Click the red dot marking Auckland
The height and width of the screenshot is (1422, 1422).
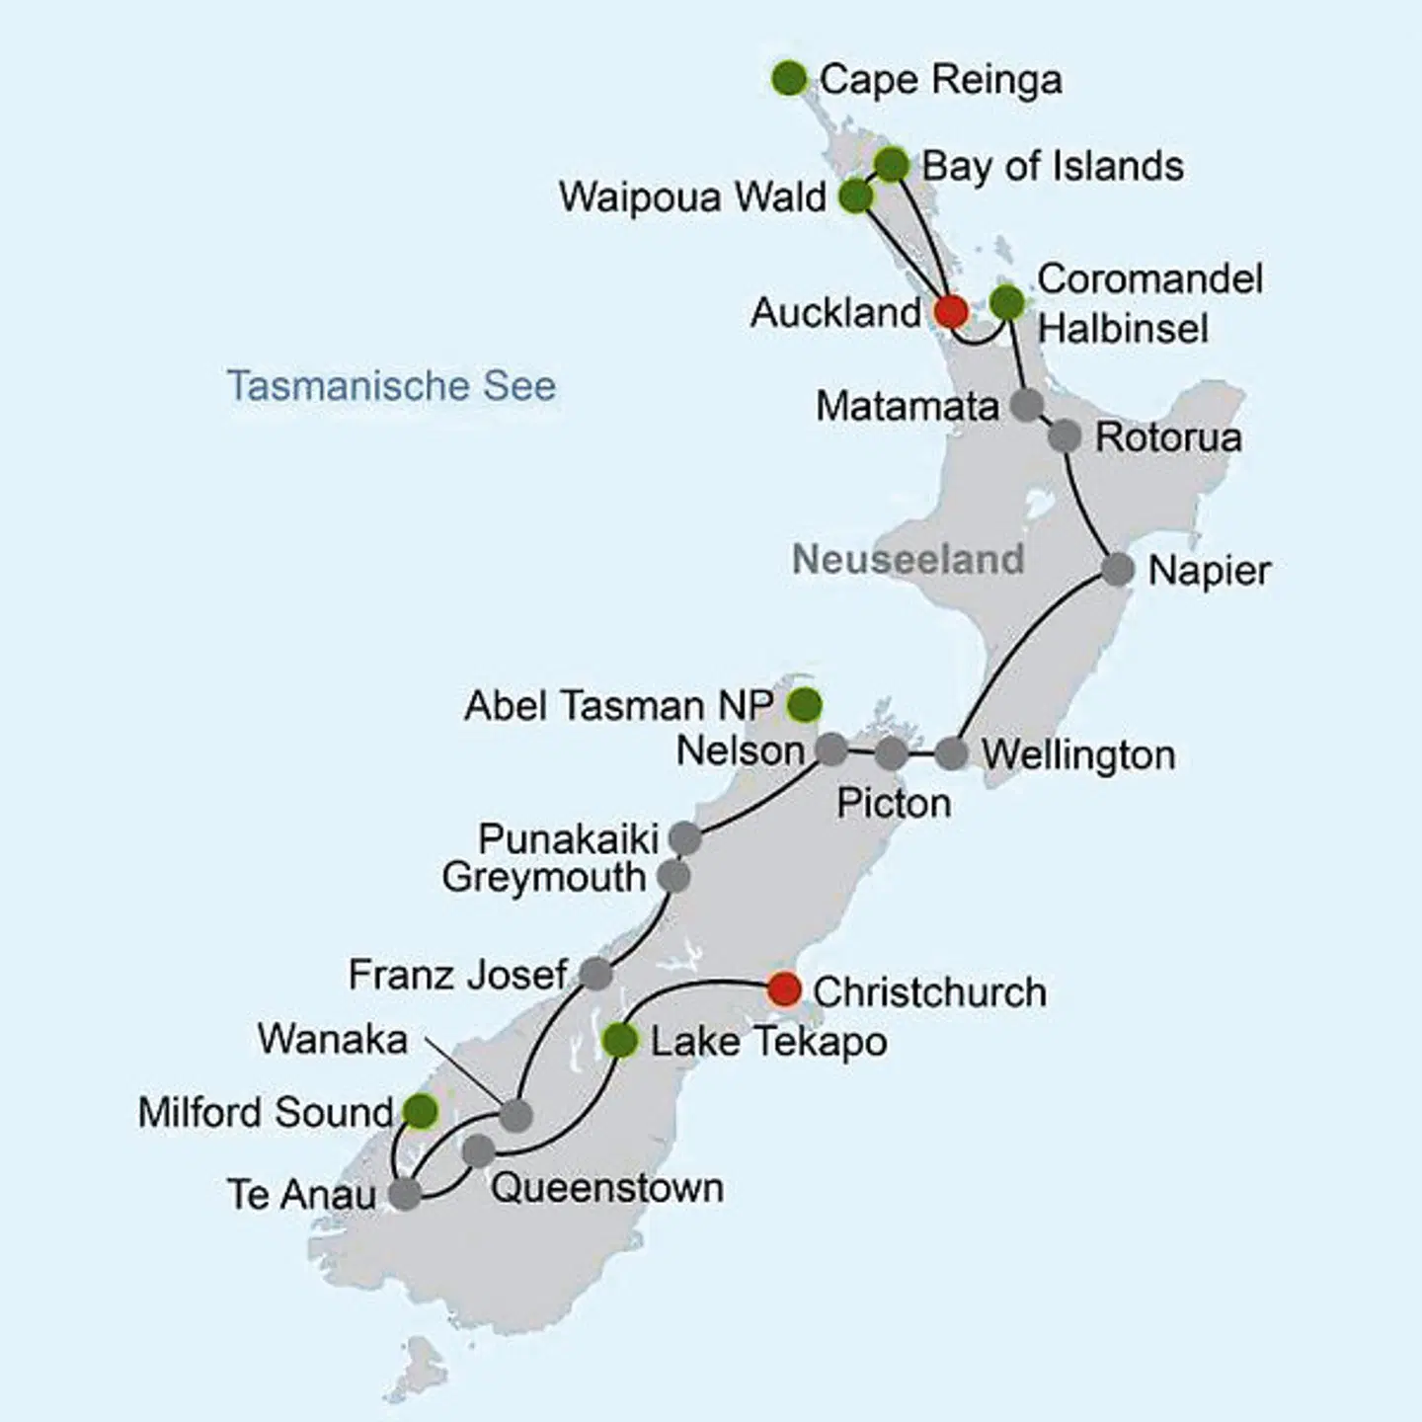[x=950, y=311]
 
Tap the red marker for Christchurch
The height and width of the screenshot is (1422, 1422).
[x=784, y=988]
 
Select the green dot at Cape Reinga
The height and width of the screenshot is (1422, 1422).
[x=789, y=78]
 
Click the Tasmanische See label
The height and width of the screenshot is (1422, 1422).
[x=391, y=385]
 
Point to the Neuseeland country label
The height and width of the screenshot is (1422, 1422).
[x=908, y=559]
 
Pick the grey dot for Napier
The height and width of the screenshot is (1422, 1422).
[x=1117, y=570]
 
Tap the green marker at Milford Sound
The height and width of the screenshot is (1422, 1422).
[x=421, y=1111]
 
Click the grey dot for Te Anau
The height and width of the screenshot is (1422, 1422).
[x=404, y=1193]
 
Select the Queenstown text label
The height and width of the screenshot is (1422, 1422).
[x=606, y=1187]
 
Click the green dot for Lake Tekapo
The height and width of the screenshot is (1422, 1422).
[x=620, y=1040]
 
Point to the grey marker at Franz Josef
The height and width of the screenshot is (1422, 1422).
[x=595, y=974]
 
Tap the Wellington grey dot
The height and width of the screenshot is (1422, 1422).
[x=951, y=753]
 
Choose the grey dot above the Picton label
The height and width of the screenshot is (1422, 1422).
[x=891, y=753]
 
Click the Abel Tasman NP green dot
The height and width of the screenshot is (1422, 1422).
[x=805, y=705]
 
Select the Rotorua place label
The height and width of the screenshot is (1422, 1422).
[x=1168, y=437]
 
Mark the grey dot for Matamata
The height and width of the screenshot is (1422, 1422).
[x=1027, y=405]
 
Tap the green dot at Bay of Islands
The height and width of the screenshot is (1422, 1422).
[x=892, y=164]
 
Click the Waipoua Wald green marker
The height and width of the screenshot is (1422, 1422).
[x=856, y=197]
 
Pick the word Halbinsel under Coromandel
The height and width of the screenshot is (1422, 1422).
[x=1123, y=328]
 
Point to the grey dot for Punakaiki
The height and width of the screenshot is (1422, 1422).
[x=685, y=838]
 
